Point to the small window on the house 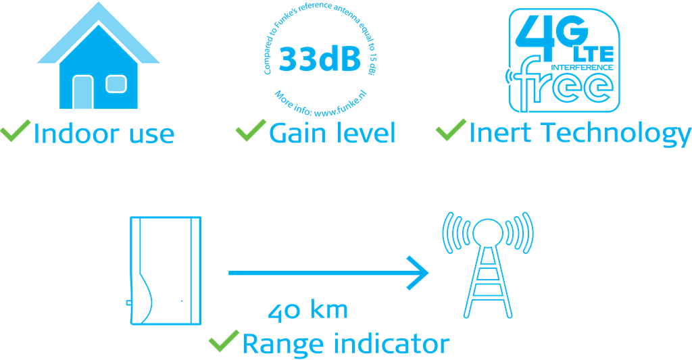pos(116,84)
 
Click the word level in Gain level pos(365,134)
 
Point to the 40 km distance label pos(308,310)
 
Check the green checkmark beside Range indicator pos(224,342)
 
